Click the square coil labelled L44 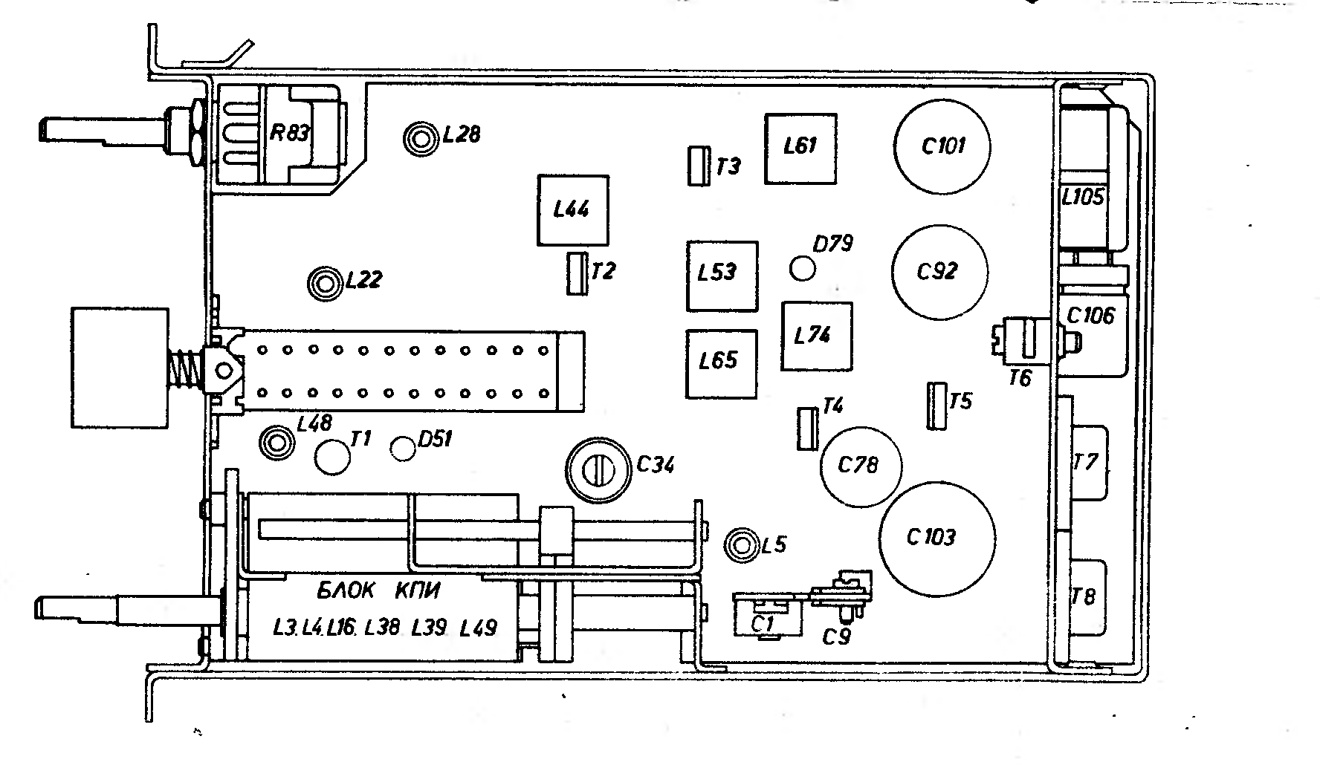pos(573,210)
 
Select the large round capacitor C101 pos(942,146)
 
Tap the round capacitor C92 pos(939,273)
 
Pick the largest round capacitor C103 pos(937,538)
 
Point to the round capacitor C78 pos(860,466)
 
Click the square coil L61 pos(800,148)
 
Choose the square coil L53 pos(722,276)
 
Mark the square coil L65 pos(722,363)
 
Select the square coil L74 pos(817,336)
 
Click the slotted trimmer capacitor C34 pos(598,469)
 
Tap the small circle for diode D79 pos(803,267)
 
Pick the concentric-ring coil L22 pos(325,282)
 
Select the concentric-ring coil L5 pos(742,545)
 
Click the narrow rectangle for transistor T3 pos(697,166)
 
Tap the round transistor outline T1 pos(331,456)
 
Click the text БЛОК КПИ pos(378,591)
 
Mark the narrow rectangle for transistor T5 pos(936,406)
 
